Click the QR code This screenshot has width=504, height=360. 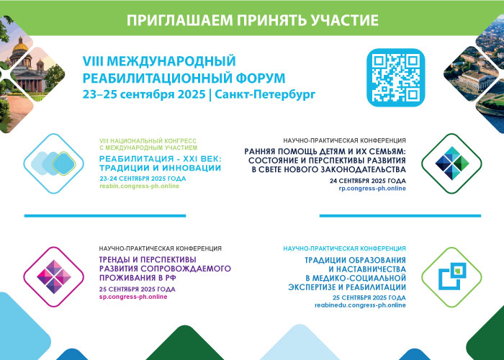(x=396, y=78)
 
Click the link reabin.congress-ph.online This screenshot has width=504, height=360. (x=140, y=186)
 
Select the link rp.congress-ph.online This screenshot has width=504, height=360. (x=372, y=189)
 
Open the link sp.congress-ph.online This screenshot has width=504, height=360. (x=133, y=297)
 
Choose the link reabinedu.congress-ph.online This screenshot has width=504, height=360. (x=360, y=305)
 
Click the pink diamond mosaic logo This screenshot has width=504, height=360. (x=54, y=276)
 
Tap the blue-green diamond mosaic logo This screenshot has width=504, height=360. (x=452, y=163)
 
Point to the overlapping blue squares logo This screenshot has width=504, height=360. (x=452, y=276)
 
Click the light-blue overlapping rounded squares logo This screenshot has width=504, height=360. (x=53, y=163)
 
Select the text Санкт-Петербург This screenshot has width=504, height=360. (x=265, y=95)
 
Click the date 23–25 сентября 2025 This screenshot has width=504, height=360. (x=144, y=95)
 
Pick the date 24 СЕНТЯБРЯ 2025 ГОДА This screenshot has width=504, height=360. (x=368, y=181)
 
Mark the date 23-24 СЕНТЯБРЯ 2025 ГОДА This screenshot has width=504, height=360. (x=143, y=179)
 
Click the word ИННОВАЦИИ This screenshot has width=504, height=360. (x=192, y=168)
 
